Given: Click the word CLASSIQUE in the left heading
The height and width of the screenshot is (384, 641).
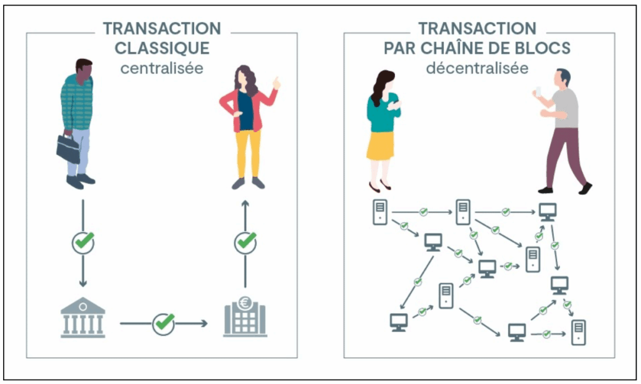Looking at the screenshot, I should pos(162,48).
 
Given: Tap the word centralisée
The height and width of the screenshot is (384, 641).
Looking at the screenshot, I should pos(162,68).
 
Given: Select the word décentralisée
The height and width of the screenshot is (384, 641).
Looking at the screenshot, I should pos(477,68).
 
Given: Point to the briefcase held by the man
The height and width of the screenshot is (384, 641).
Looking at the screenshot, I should pos(68,148).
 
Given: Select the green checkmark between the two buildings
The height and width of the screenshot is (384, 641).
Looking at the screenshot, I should pos(163,323).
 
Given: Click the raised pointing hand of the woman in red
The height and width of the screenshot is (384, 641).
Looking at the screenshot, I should pos(275,83).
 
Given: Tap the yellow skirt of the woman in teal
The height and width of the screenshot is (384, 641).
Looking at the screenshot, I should pos(380,145).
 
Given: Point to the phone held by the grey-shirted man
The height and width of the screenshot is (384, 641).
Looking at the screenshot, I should pos(536,91).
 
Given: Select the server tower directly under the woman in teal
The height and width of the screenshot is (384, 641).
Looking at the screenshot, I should pos(379,212).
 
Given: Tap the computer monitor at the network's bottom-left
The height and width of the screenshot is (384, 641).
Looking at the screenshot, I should pos(399,322).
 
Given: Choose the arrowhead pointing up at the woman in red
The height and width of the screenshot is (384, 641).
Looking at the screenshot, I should pos(245,204).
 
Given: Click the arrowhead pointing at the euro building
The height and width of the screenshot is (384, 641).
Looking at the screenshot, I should pos(203,323).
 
